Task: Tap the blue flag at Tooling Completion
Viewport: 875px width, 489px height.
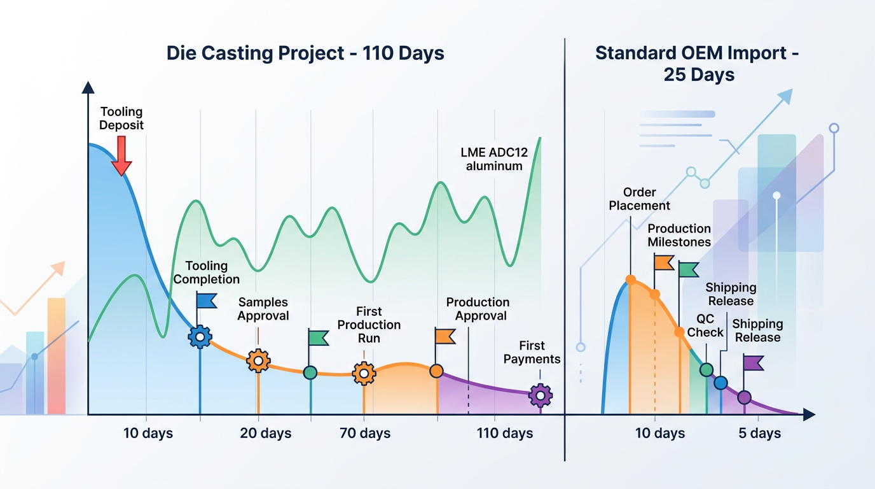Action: (x=206, y=301)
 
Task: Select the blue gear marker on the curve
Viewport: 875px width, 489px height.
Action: (x=200, y=336)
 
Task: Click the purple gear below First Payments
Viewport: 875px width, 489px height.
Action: (x=541, y=395)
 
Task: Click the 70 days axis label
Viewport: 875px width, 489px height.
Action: (x=365, y=434)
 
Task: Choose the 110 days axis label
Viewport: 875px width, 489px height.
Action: (x=505, y=434)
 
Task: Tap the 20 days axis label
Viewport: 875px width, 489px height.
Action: (x=265, y=434)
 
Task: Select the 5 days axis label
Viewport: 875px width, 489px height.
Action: (x=759, y=434)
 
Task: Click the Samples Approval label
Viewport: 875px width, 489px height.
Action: (x=263, y=309)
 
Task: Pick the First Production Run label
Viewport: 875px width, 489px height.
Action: (x=369, y=325)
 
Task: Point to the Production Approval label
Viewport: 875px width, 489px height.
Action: (x=478, y=309)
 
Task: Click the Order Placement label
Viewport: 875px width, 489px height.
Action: (x=639, y=199)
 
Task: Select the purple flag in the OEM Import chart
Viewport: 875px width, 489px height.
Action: (x=753, y=363)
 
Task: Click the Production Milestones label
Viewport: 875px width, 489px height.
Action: (x=679, y=235)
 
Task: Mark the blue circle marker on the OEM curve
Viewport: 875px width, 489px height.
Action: (x=720, y=383)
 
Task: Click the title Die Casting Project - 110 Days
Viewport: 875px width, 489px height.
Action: (x=305, y=53)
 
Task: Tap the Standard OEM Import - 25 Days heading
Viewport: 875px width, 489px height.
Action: (x=698, y=64)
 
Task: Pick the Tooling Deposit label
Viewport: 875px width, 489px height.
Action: (x=121, y=119)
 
